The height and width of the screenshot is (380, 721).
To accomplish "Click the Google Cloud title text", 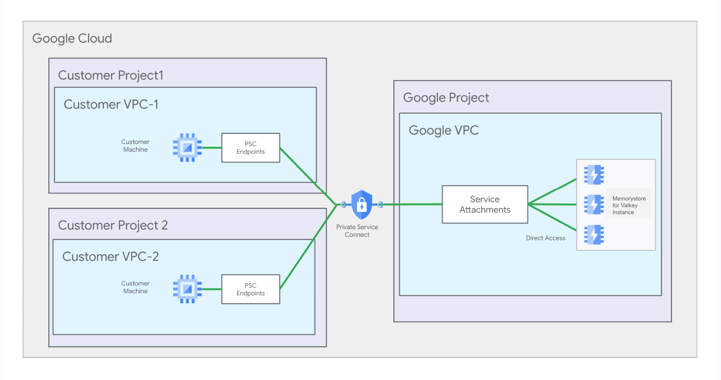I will pos(72,39).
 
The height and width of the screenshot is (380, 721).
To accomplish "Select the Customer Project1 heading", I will pos(111,75).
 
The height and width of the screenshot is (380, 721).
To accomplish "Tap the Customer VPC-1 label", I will pos(111,104).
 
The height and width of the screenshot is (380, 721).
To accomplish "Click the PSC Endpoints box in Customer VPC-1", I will pos(250,148).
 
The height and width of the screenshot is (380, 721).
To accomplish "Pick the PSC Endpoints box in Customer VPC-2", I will pos(250,289).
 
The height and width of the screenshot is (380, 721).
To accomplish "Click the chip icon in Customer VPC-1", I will pos(187,148).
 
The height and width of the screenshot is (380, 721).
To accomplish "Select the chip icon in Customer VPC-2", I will pos(187,289).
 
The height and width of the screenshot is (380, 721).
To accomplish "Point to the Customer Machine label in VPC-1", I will pos(135,146).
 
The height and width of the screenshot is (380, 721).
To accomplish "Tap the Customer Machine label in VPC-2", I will pos(135,288).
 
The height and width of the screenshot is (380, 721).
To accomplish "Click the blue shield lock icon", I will pos(362,205).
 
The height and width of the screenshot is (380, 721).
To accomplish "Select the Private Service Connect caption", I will pos(357,231).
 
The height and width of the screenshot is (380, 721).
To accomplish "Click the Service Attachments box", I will pos(485,205).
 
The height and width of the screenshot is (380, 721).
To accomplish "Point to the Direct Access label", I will pos(546,238).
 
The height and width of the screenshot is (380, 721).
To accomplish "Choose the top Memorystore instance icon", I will pos(594,175).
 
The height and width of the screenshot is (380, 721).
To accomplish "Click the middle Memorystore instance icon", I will pos(594,205).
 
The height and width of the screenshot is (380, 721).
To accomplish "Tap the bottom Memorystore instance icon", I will pos(594,235).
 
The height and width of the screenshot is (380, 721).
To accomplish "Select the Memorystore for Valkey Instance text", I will pos(628,205).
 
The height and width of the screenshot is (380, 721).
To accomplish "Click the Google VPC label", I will pos(443,131).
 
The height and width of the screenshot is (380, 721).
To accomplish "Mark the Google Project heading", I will pos(446,98).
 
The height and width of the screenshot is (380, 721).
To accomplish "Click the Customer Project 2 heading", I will pos(113,226).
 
